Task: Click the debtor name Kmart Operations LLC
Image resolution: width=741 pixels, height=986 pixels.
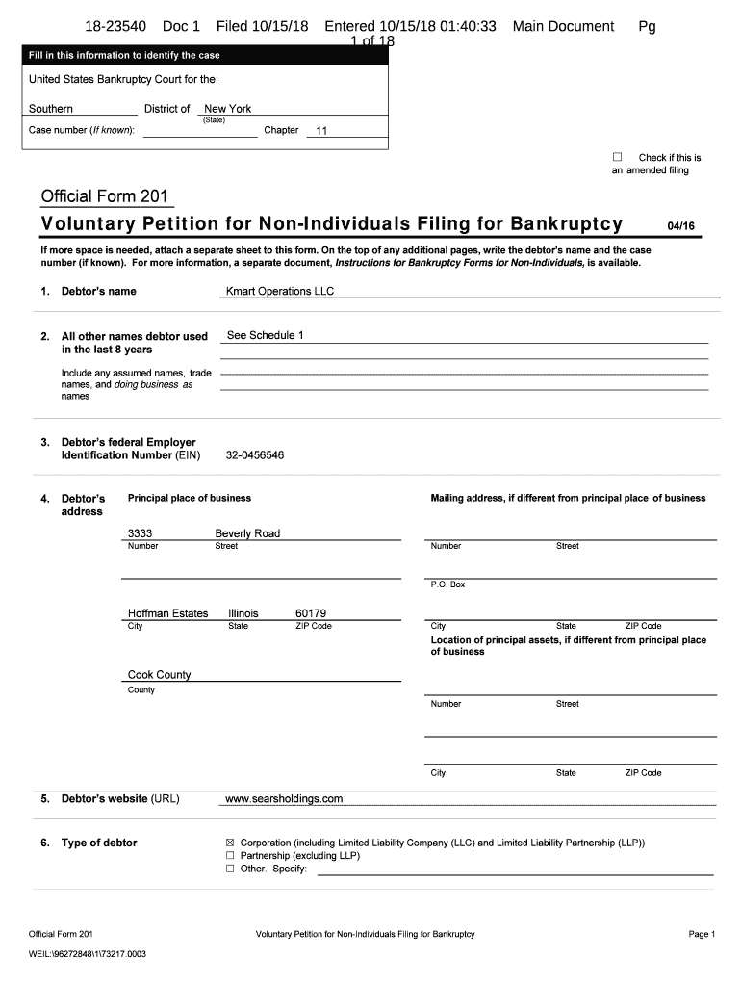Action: tap(279, 291)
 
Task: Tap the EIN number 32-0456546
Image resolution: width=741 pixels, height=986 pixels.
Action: tap(255, 455)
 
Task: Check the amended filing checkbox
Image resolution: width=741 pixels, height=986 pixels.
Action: tap(618, 157)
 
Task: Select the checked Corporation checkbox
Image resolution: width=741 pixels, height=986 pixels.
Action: tap(230, 843)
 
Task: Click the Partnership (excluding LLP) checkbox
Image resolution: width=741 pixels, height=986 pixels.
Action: tap(230, 855)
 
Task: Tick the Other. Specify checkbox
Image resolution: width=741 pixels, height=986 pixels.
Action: tap(230, 869)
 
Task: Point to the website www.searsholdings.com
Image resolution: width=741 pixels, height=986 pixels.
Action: tap(283, 798)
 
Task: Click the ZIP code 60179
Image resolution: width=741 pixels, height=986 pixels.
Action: tap(311, 613)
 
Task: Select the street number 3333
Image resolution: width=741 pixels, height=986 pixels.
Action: tap(141, 533)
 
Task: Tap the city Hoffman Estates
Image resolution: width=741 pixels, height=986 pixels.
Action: tap(167, 613)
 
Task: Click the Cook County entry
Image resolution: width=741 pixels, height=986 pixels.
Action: tap(160, 675)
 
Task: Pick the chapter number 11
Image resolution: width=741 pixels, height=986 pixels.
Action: tap(322, 131)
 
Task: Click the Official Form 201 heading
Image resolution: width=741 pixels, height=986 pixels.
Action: tap(105, 197)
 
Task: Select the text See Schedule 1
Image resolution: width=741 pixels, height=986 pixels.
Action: tap(265, 335)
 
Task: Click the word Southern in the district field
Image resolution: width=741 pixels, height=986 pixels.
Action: tap(51, 109)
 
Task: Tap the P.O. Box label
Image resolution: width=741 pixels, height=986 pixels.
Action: tap(447, 584)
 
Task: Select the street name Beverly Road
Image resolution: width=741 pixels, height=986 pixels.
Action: tap(247, 533)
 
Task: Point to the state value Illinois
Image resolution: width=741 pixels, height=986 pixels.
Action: tap(243, 613)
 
